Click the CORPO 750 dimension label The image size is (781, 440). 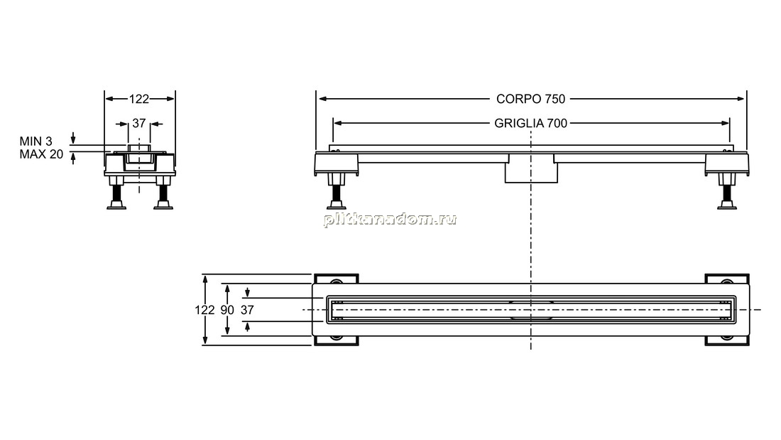[530, 99]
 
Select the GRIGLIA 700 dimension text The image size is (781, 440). [530, 123]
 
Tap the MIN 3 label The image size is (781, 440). [36, 141]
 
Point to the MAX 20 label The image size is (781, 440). [41, 155]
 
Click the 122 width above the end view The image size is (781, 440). [139, 99]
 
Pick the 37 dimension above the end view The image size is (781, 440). [139, 123]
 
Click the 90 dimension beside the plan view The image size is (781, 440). [227, 310]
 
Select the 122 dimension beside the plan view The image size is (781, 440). [204, 310]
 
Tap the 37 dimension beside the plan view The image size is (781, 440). [248, 310]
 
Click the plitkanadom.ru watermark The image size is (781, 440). [390, 219]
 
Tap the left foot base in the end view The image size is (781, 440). [116, 205]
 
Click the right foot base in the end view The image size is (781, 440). [163, 205]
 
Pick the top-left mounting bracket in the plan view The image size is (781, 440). [337, 279]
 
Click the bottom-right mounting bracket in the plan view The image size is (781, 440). [727, 340]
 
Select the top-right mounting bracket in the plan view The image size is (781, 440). [727, 279]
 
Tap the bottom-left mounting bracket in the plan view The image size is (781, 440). [337, 340]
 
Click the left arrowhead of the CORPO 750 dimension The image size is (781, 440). [322, 99]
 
